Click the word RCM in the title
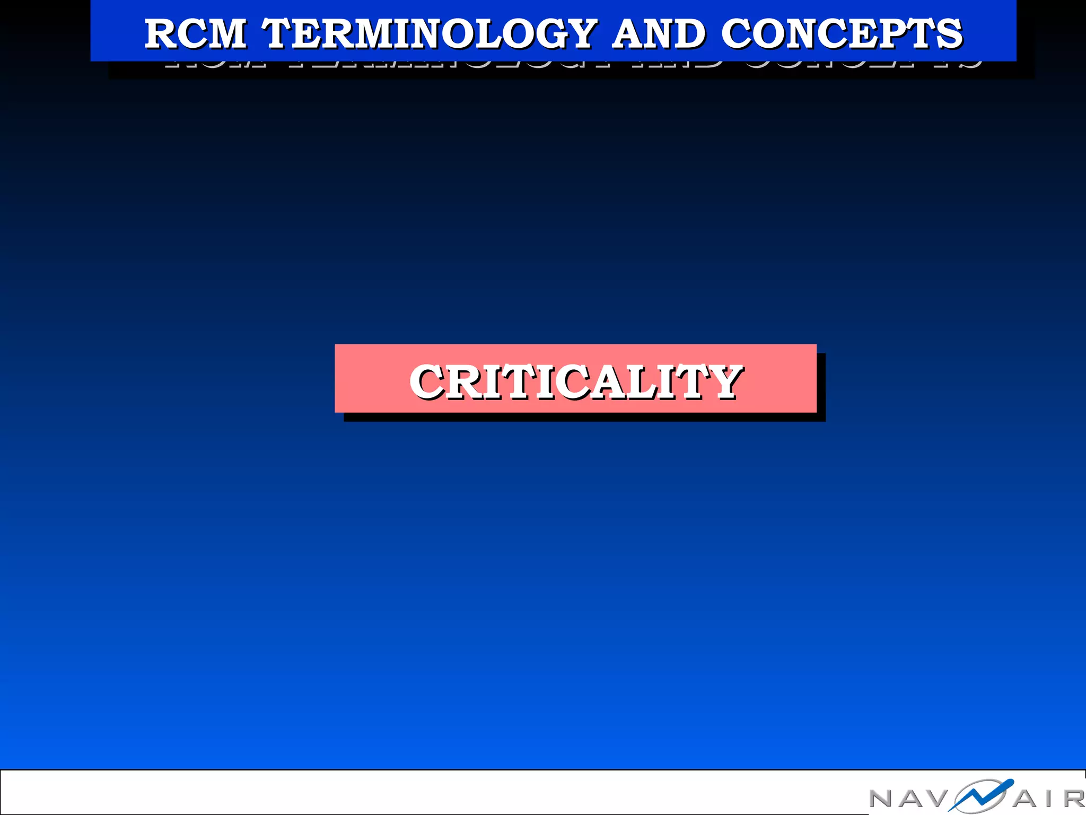195,34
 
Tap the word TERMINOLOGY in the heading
430,34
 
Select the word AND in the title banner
659,34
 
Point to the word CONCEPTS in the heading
842,34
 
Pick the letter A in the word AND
629,34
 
